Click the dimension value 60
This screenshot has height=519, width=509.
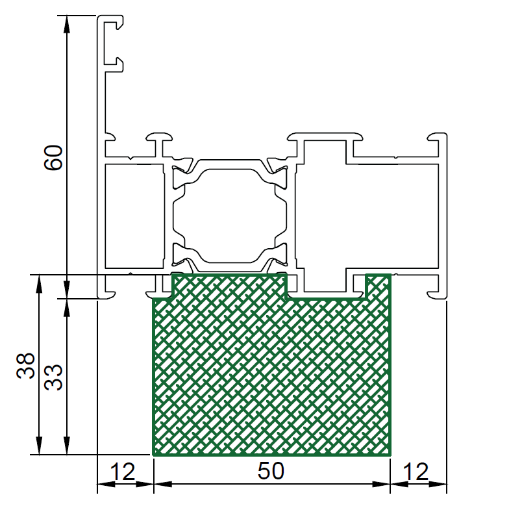[53, 158]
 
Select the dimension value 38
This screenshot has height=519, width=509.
[25, 366]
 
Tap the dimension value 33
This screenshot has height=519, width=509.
[53, 377]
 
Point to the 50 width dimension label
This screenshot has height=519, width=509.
[271, 471]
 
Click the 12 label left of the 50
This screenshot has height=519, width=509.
[122, 472]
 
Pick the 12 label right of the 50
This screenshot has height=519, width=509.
[416, 472]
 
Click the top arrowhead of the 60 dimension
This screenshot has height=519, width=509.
[67, 24]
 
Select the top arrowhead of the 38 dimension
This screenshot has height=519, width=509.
[39, 284]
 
